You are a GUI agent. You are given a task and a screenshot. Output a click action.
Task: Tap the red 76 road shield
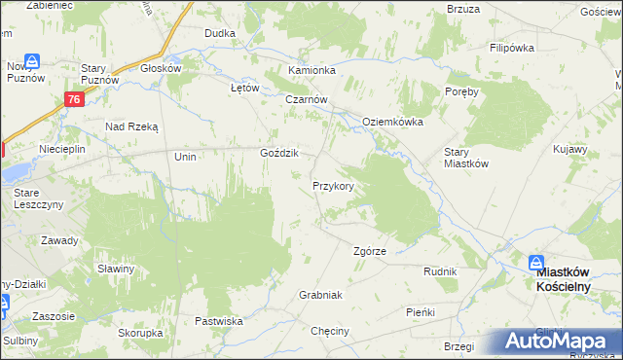74,99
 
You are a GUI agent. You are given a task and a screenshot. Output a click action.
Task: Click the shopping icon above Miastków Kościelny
536,262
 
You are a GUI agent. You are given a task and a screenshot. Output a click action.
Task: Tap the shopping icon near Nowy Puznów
32,61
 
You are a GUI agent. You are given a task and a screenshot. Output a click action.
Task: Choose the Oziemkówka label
392,121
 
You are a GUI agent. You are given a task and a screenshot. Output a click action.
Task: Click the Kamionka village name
311,71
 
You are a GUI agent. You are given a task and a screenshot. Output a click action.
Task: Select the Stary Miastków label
465,158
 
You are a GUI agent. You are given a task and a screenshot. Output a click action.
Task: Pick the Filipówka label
514,48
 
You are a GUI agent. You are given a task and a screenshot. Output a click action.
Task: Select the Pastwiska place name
218,320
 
